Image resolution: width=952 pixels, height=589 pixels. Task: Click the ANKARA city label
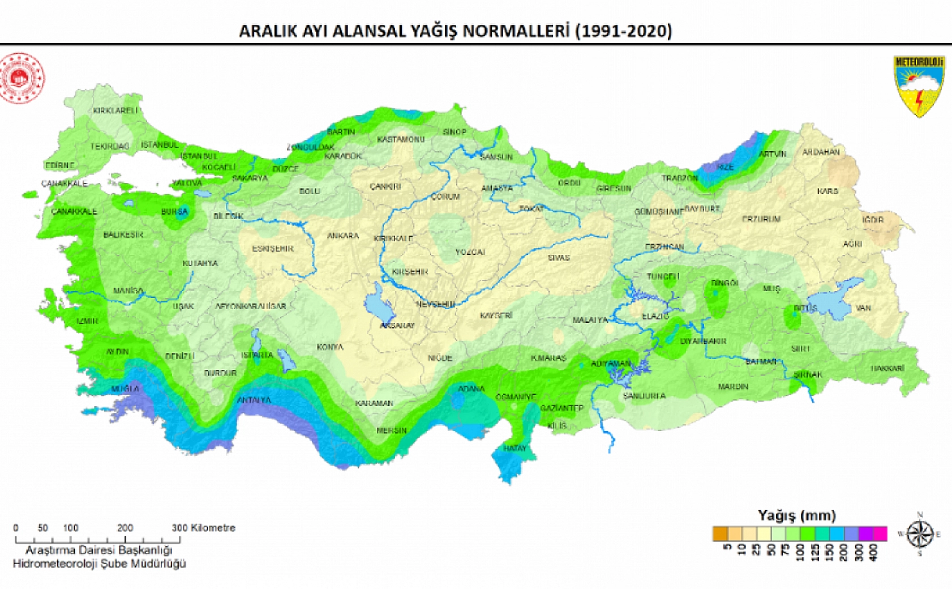(x=343, y=236)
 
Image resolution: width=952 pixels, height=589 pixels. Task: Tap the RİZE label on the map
(x=725, y=167)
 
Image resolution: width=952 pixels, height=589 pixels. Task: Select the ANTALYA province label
(x=254, y=400)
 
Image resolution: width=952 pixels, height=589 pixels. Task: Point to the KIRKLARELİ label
(x=115, y=110)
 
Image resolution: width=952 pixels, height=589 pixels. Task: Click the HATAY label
(x=514, y=448)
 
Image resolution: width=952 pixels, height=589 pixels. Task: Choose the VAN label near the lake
(x=863, y=308)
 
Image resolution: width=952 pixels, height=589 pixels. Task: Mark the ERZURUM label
(x=761, y=219)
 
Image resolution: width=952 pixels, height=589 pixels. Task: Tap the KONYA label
(x=330, y=347)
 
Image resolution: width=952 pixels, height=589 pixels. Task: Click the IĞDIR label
(x=873, y=220)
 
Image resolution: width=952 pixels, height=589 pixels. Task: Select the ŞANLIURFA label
(x=645, y=396)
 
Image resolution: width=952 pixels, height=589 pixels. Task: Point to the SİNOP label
(x=454, y=132)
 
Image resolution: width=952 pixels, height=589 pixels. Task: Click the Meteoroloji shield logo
(x=919, y=86)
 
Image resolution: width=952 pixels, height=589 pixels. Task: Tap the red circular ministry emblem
(x=22, y=78)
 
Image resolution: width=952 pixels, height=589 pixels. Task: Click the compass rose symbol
(x=919, y=533)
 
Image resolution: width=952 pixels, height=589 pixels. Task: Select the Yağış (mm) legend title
(x=796, y=515)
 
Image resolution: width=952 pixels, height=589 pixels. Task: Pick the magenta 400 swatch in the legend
(x=880, y=534)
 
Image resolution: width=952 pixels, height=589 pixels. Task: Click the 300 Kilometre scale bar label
(x=203, y=528)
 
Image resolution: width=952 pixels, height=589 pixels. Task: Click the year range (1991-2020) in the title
(x=624, y=31)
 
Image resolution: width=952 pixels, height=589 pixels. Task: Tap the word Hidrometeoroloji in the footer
(x=54, y=564)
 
